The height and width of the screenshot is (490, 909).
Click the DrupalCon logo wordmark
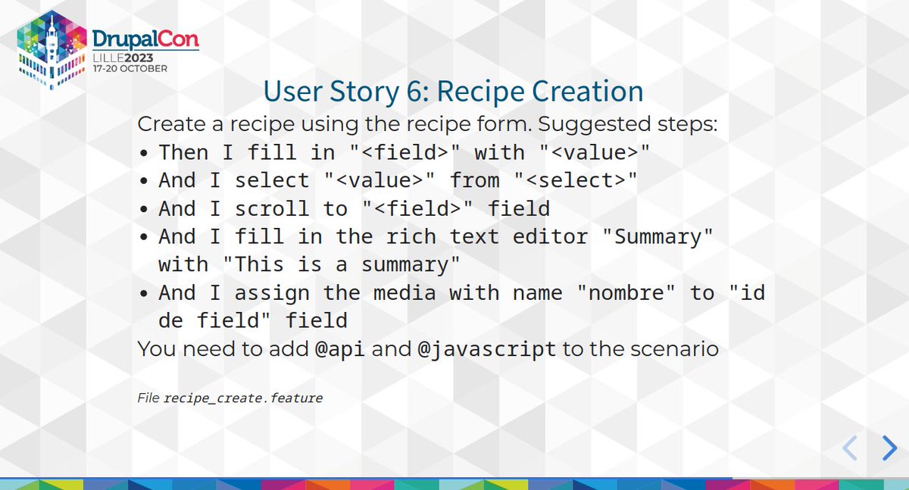pos(145,38)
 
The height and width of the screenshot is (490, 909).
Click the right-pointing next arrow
pos(889,448)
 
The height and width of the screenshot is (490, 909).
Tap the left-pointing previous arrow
pos(850,448)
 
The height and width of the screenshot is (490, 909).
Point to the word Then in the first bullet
pos(183,152)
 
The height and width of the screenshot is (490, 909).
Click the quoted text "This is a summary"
pos(347,264)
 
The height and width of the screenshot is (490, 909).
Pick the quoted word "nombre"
pos(626,292)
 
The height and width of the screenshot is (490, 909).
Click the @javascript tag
pos(487,349)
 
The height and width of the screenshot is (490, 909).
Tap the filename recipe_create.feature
pos(243,397)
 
